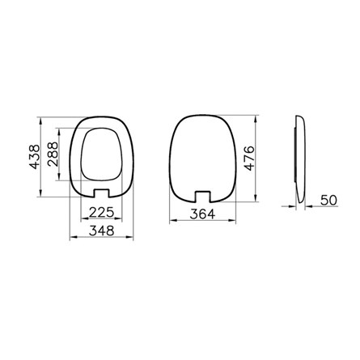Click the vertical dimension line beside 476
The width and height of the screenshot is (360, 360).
point(260,158)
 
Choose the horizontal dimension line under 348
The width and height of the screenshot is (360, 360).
point(100,238)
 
